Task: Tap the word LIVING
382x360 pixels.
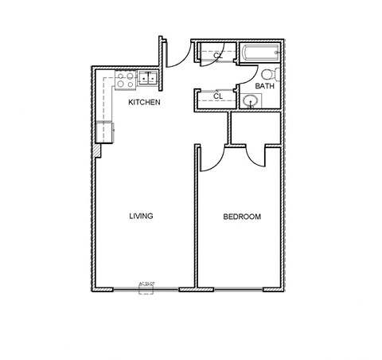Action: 141,216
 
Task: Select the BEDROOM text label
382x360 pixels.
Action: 241,217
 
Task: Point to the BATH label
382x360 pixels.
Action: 264,86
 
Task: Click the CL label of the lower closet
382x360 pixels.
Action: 217,96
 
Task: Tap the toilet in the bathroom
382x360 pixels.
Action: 266,74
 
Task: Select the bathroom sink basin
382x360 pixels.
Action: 251,101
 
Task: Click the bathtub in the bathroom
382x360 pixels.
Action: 259,54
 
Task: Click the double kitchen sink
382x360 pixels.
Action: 148,78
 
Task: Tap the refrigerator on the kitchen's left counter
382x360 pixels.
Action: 105,131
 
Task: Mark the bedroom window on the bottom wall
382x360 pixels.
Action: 239,289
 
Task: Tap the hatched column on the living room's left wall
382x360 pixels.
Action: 95,150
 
